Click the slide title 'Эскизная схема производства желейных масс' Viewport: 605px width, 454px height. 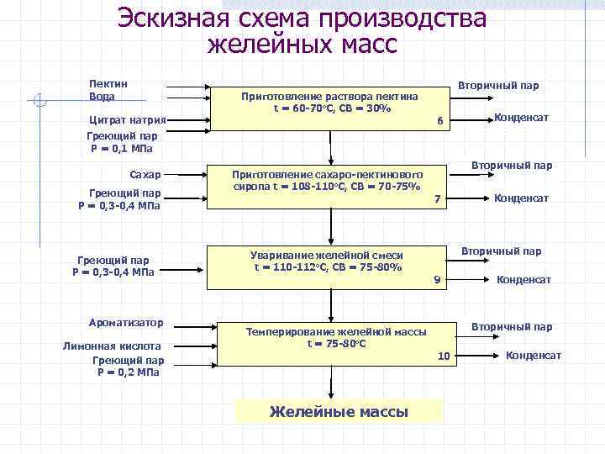[x=302, y=30]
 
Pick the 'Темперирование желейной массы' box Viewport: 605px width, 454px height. [x=335, y=338]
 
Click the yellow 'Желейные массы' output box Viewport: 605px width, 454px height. [x=338, y=411]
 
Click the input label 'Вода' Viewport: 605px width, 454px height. [x=102, y=97]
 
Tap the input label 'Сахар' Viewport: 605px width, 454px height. [x=145, y=174]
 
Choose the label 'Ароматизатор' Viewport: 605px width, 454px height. [x=126, y=322]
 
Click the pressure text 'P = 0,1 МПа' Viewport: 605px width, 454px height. [x=122, y=149]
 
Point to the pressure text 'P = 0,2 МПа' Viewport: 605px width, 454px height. [x=126, y=372]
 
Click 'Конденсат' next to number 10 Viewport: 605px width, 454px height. [x=533, y=356]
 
